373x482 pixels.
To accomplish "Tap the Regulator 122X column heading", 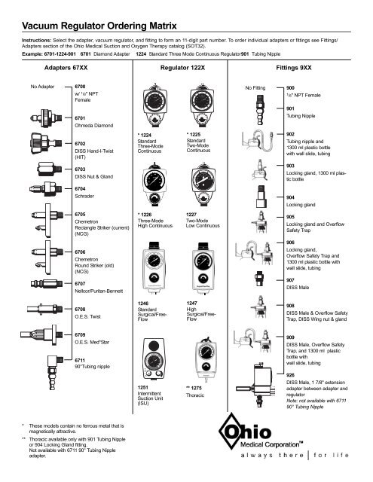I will point(179,68).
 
